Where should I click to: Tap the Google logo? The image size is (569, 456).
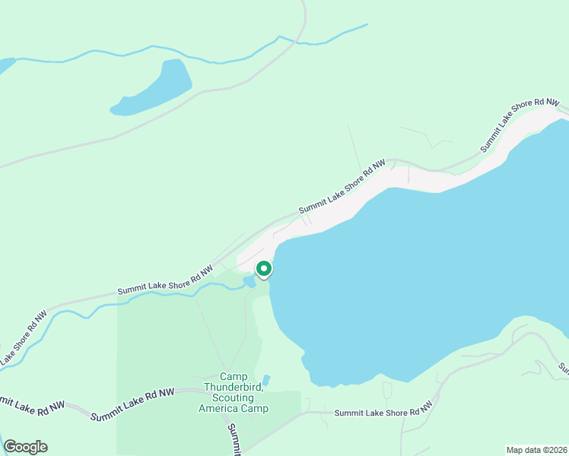pos(25,447)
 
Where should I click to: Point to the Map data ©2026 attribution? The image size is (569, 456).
pos(536,450)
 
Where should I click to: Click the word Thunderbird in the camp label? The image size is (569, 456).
pos(244,387)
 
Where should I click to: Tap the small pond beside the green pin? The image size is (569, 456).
pos(249,282)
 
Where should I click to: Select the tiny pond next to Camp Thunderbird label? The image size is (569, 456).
pos(265,379)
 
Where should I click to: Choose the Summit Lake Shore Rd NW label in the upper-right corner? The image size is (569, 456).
pos(520,125)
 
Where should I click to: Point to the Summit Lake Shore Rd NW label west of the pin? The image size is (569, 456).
pos(165,281)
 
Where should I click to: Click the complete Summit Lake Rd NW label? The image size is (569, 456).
pos(132,404)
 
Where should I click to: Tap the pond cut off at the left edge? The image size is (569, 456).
pos(5,65)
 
